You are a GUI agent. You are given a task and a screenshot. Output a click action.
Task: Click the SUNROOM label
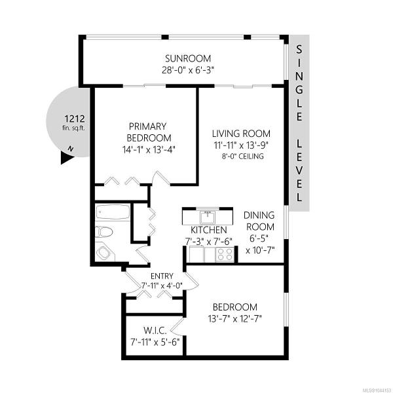(188, 58)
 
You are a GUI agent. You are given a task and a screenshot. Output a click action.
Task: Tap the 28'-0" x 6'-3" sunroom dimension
(188, 70)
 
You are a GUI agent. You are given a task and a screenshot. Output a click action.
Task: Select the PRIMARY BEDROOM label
(149, 132)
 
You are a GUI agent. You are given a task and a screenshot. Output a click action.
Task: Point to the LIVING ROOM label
(241, 134)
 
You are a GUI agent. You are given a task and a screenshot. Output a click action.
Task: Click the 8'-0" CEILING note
(242, 157)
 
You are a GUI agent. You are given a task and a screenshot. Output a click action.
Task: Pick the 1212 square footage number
(75, 119)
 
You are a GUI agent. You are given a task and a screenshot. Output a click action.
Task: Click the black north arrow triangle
(67, 159)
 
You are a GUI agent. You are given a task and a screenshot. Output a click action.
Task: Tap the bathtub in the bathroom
(113, 212)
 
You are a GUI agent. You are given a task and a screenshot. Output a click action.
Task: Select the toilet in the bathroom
(104, 232)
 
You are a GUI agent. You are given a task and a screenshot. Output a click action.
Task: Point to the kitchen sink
(207, 217)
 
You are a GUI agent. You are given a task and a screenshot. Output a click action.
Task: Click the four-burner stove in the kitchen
(225, 254)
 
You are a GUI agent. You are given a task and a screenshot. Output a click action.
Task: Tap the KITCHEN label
(209, 230)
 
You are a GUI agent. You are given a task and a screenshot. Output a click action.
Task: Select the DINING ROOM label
(259, 221)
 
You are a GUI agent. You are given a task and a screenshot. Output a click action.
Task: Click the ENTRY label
(162, 276)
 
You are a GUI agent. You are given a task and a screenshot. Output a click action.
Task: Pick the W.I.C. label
(155, 331)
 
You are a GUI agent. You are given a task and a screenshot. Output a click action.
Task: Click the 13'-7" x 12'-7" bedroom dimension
(235, 319)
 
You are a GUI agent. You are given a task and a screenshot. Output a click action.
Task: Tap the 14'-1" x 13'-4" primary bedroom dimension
(149, 149)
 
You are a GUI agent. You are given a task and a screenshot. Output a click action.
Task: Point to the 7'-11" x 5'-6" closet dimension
(155, 342)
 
